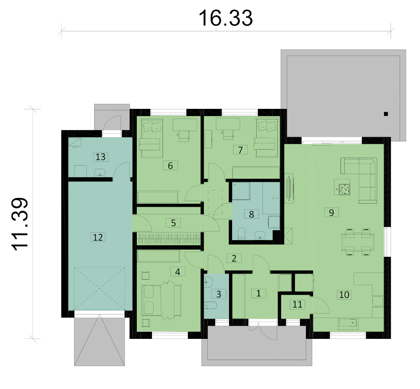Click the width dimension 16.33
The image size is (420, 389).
(x=225, y=18)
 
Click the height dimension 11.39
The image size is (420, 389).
(x=20, y=224)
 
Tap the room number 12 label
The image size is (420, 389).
(x=98, y=237)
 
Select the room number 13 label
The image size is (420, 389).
(x=100, y=157)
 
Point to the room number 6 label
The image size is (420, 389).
(x=170, y=166)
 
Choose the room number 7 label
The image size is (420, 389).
(x=240, y=150)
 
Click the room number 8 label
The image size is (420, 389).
(x=251, y=214)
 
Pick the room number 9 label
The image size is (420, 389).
(x=331, y=212)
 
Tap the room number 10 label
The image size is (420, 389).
(x=344, y=295)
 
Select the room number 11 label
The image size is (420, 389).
(x=297, y=304)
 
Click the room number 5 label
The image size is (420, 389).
(x=173, y=223)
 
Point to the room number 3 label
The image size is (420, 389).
(x=218, y=294)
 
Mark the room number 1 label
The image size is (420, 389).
(x=258, y=293)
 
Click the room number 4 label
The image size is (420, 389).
(x=178, y=271)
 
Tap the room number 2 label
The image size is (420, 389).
(x=234, y=258)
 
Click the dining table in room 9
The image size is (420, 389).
(x=358, y=242)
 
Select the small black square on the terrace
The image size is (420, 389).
(x=386, y=114)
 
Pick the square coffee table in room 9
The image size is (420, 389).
(x=344, y=189)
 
